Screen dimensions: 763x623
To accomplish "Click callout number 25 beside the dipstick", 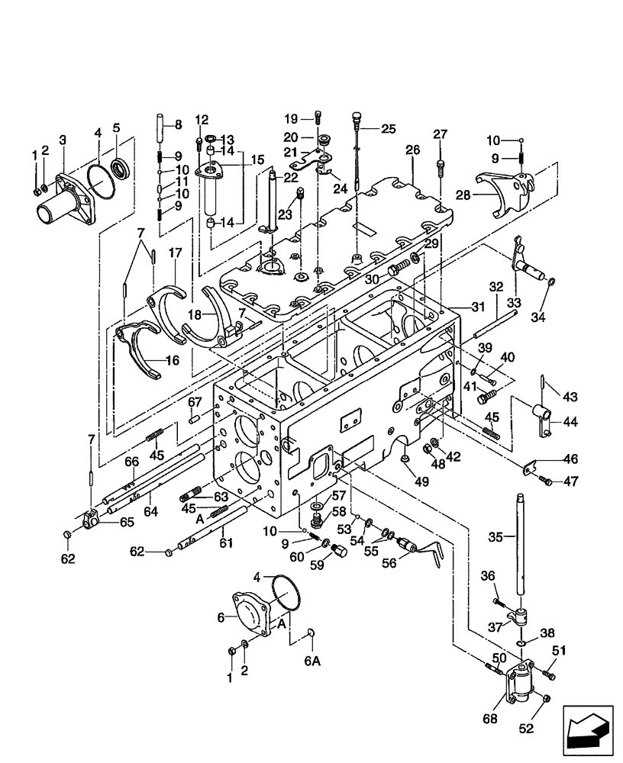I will click(x=389, y=129).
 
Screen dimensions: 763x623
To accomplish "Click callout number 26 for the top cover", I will click(x=413, y=150).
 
